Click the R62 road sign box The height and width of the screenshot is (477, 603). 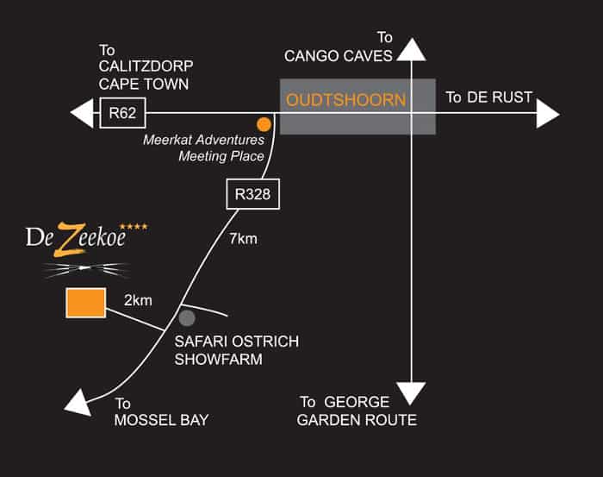(122, 113)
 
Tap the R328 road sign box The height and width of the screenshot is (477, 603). (252, 194)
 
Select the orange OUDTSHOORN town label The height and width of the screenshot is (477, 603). (345, 100)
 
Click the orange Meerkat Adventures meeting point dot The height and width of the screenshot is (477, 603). (264, 124)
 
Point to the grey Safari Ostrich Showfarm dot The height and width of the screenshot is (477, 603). (187, 318)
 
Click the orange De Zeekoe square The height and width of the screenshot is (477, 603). (86, 303)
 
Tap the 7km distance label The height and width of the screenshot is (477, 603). (243, 239)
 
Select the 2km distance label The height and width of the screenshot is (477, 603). (138, 300)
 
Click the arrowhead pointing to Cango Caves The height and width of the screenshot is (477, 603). (412, 49)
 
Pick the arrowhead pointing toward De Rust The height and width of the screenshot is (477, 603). (548, 114)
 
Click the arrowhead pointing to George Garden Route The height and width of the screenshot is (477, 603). (411, 393)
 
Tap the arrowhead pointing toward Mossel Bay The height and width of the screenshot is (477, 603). (79, 403)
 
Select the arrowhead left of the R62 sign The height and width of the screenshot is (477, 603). (82, 113)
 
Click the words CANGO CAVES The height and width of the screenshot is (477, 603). (339, 56)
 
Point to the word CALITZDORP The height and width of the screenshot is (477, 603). (146, 66)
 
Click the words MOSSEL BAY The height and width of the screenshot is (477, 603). (162, 420)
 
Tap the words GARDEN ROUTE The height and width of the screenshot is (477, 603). (357, 420)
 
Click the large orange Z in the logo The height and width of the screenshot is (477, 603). (70, 240)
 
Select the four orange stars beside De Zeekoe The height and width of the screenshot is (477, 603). (134, 226)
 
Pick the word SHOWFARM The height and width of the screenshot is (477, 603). (219, 359)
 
